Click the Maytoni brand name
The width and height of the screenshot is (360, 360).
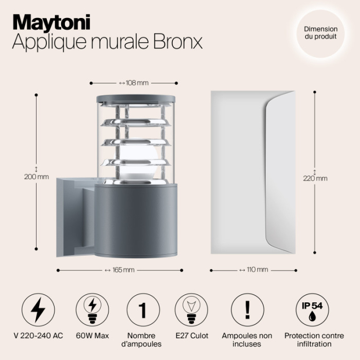pyautogui.click(x=51, y=22)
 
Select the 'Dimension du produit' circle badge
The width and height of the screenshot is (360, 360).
pyautogui.click(x=320, y=33)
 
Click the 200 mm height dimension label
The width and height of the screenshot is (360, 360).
pyautogui.click(x=37, y=176)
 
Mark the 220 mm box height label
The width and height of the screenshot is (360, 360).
pyautogui.click(x=315, y=178)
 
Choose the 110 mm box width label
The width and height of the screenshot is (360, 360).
pyautogui.click(x=254, y=270)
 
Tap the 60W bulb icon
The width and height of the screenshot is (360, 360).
pyautogui.click(x=92, y=310)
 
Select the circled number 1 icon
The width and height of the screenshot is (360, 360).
pyautogui.click(x=142, y=310)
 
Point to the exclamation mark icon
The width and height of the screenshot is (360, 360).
pyautogui.click(x=247, y=310)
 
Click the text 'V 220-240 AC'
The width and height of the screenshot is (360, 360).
pyautogui.click(x=39, y=336)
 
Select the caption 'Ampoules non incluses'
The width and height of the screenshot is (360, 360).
pyautogui.click(x=247, y=339)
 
